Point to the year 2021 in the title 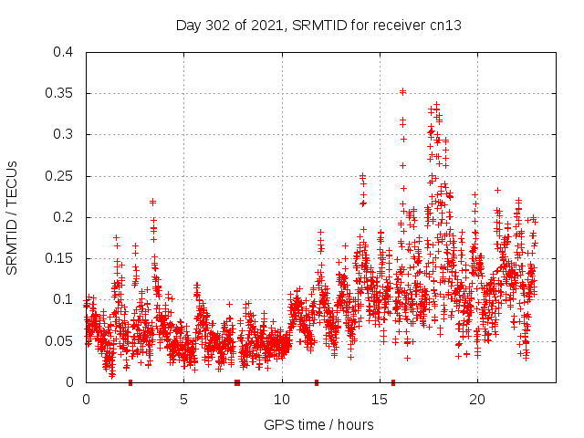tap(266, 26)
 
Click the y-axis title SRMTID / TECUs tap(13, 217)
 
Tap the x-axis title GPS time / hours tap(318, 424)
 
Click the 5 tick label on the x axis tap(183, 399)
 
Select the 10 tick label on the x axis tap(281, 399)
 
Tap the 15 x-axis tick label tap(379, 399)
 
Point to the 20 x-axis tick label tap(476, 399)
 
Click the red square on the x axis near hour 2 tap(130, 382)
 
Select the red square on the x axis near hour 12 tap(317, 382)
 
